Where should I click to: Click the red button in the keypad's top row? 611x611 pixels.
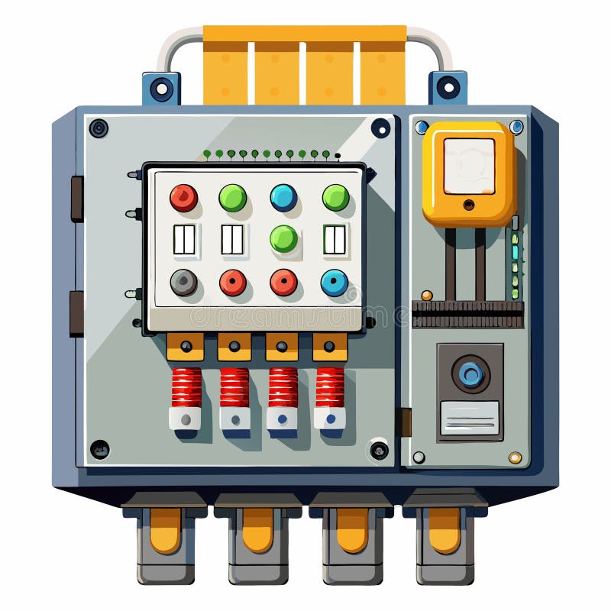[x=183, y=198]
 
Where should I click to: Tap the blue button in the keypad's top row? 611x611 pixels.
[x=283, y=198]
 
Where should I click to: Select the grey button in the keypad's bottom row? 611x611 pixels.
[x=183, y=283]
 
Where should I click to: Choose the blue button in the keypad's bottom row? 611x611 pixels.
[x=334, y=283]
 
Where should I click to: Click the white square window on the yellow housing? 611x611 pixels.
[x=469, y=166]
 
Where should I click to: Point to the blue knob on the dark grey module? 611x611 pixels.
[x=470, y=373]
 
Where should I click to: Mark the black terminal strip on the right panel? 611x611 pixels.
[x=467, y=314]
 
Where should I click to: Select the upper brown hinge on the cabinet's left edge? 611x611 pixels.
[x=77, y=199]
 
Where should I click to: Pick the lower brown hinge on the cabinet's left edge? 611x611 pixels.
[x=77, y=313]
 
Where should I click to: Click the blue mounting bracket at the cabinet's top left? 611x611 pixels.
[x=161, y=88]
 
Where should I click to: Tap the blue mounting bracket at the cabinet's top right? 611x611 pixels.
[x=448, y=87]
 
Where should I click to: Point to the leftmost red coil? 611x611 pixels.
[x=186, y=387]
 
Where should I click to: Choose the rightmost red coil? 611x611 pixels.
[x=330, y=387]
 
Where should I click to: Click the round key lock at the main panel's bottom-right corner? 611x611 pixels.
[x=379, y=450]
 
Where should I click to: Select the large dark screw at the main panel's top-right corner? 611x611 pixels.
[x=380, y=128]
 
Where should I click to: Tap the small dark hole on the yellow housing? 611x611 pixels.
[x=469, y=204]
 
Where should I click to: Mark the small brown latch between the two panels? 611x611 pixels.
[x=405, y=422]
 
